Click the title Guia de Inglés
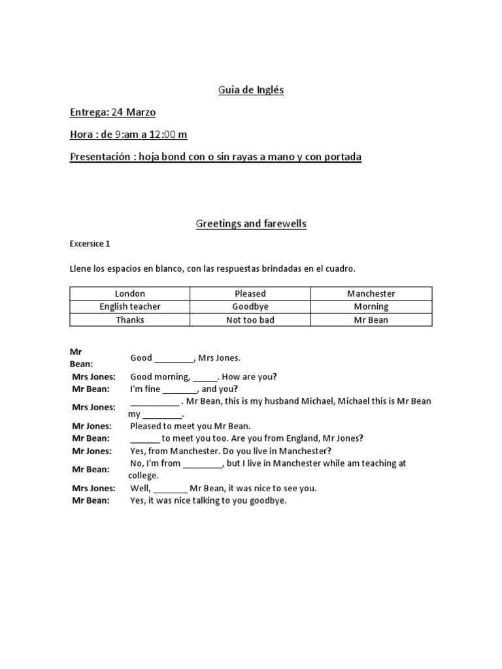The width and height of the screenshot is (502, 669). (251, 90)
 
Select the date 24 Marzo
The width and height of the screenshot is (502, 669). (133, 112)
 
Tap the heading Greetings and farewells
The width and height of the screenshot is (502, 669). (251, 224)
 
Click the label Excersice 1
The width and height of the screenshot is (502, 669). (90, 244)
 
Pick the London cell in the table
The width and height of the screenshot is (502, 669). (130, 294)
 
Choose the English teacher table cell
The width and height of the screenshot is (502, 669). (130, 307)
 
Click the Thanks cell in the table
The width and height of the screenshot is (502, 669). (130, 320)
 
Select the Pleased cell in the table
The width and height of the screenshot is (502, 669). (250, 294)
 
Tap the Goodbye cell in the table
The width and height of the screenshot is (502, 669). (250, 307)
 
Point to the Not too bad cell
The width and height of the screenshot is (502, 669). (250, 320)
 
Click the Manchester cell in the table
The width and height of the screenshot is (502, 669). (371, 294)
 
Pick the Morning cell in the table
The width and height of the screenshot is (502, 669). (371, 307)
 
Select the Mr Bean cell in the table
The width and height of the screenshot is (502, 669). (371, 320)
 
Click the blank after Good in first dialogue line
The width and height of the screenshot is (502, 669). (175, 359)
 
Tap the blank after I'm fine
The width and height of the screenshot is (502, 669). (180, 389)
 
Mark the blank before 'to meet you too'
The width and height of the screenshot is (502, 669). (144, 439)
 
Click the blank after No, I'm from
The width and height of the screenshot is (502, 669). (203, 464)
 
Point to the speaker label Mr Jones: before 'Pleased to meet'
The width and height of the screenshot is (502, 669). (92, 426)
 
